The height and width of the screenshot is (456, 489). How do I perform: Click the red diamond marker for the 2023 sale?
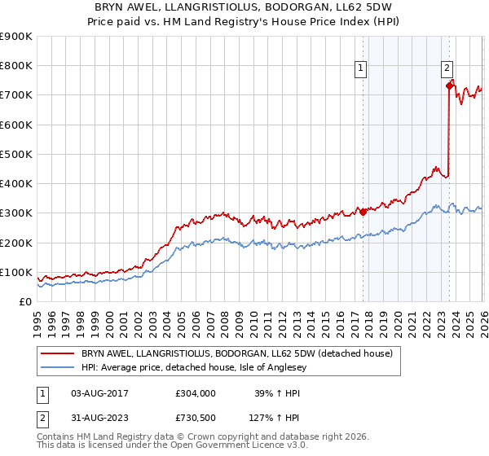coord(449,85)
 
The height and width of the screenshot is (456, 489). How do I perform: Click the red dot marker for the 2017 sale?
coord(363,213)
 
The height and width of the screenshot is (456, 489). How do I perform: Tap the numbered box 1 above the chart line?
coord(360,69)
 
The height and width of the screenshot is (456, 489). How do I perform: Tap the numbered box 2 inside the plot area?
coord(447,69)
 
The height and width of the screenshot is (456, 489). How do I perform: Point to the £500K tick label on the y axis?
coord(16,154)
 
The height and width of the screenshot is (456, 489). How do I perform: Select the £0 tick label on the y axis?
coord(25,302)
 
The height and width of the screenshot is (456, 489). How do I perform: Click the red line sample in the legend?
coord(57,353)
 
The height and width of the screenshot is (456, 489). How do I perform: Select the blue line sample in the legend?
coord(57,367)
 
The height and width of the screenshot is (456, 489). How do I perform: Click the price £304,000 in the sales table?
coord(196,393)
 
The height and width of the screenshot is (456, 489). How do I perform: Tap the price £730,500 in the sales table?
coord(196,418)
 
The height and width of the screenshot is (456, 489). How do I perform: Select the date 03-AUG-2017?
coord(99,393)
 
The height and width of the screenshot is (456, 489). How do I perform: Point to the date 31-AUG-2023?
coord(99,418)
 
